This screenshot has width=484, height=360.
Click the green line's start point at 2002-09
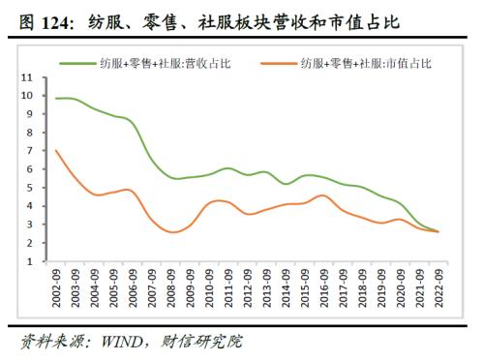click(x=56, y=99)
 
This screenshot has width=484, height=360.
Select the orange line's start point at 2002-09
click(x=56, y=150)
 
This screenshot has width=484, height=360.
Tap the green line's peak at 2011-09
click(x=227, y=168)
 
